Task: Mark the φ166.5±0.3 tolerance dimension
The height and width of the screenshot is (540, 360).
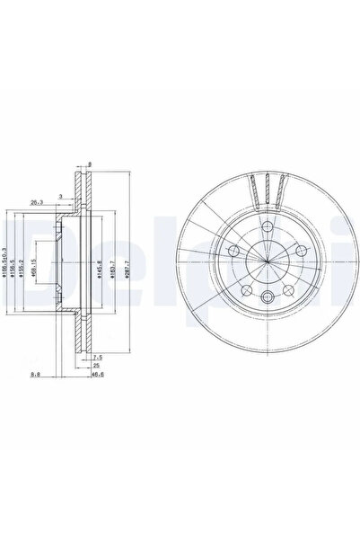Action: [x=8, y=267]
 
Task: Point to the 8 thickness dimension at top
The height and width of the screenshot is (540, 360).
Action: [x=91, y=164]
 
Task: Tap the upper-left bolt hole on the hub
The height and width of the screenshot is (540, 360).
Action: [x=233, y=251]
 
